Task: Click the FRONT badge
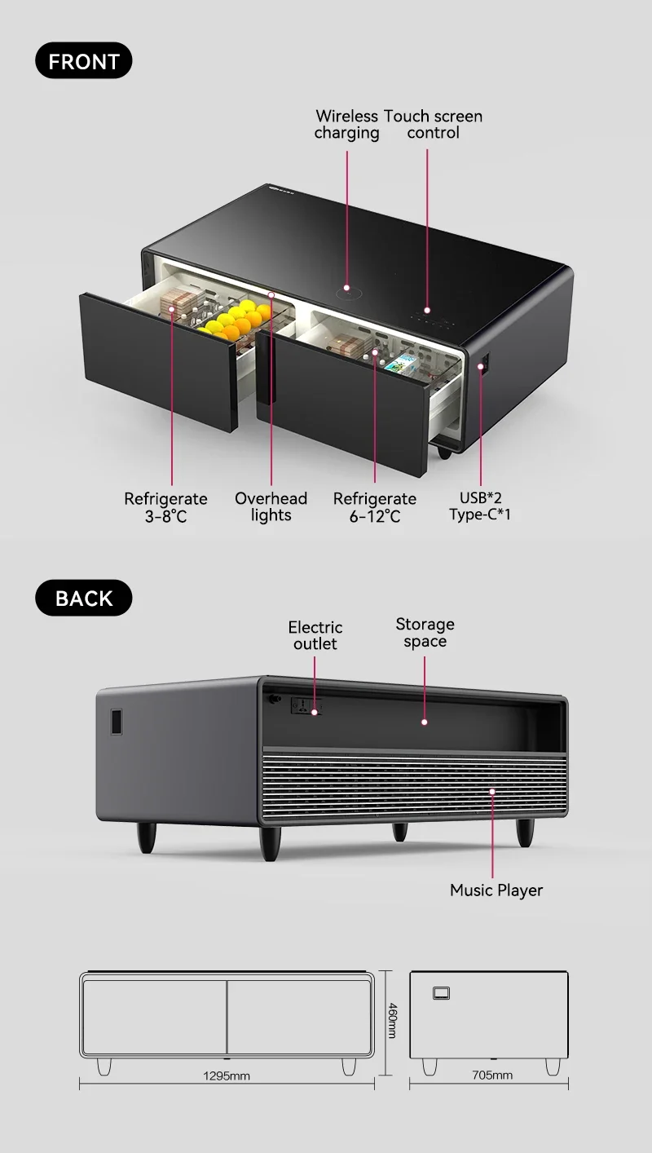[83, 61]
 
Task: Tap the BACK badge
[83, 598]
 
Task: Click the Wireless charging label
[346, 125]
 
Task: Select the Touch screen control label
[434, 125]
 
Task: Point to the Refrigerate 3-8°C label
[165, 507]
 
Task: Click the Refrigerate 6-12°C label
[375, 507]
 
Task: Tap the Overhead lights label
[271, 506]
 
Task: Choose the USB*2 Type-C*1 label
[480, 506]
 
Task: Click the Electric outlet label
[315, 635]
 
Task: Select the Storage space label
[425, 633]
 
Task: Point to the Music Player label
[496, 890]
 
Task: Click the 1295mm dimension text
[227, 1076]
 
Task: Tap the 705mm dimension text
[492, 1076]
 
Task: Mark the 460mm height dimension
[391, 1020]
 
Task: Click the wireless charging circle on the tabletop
[347, 287]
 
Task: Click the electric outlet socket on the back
[306, 707]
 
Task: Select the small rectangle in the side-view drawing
[442, 992]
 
